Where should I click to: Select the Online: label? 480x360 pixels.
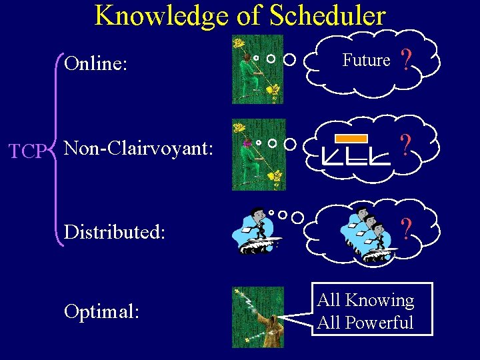pyautogui.click(x=97, y=64)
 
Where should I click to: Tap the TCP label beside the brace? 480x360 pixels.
pyautogui.click(x=27, y=152)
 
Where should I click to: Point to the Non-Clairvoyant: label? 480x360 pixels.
pyautogui.click(x=138, y=148)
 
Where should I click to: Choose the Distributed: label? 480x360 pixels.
pyautogui.click(x=114, y=232)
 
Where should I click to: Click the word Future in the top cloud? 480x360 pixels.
pyautogui.click(x=366, y=61)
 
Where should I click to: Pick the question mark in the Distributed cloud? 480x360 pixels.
pyautogui.click(x=405, y=229)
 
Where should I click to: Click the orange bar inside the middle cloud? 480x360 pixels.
pyautogui.click(x=351, y=139)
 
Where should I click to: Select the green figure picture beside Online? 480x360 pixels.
pyautogui.click(x=257, y=69)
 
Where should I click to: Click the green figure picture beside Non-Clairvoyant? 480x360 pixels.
pyautogui.click(x=258, y=155)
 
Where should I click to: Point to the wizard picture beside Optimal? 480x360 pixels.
pyautogui.click(x=258, y=317)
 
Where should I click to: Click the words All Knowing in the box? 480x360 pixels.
pyautogui.click(x=365, y=301)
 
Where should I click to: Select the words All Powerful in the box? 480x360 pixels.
pyautogui.click(x=365, y=323)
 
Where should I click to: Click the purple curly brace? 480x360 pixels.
pyautogui.click(x=58, y=151)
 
